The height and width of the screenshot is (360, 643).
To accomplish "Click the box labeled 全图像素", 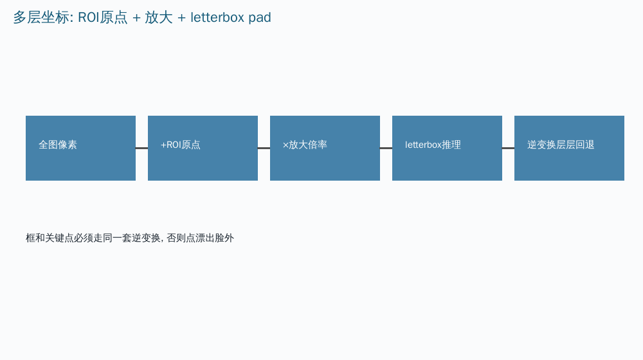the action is click(x=80, y=148).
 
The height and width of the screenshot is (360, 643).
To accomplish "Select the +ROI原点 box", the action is click(x=203, y=148).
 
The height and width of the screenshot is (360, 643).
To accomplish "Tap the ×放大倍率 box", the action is click(x=325, y=148).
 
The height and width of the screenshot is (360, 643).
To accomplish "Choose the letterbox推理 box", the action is click(x=447, y=148).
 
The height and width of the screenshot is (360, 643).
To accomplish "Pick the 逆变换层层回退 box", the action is click(x=569, y=148).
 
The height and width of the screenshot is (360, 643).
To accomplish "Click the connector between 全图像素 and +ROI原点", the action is click(x=142, y=148).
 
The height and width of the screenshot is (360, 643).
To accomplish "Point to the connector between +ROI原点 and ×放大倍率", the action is click(x=264, y=148).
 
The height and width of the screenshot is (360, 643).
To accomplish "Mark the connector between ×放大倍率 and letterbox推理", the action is click(x=386, y=148).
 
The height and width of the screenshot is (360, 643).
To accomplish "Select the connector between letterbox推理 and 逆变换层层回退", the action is click(x=509, y=148).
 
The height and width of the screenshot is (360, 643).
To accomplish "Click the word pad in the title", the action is click(x=260, y=18).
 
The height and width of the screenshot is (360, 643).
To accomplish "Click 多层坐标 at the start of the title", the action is click(x=41, y=17).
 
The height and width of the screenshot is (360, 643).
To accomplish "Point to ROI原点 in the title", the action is click(x=102, y=17).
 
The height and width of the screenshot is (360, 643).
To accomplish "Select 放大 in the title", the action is click(x=159, y=17).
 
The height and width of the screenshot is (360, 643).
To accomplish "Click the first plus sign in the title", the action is click(x=136, y=19).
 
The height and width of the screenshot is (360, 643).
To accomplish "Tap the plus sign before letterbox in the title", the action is click(x=182, y=19).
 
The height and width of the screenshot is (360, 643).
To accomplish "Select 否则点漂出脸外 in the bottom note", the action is click(x=201, y=239).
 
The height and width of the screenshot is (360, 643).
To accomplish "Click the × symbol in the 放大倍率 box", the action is click(x=286, y=145).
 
